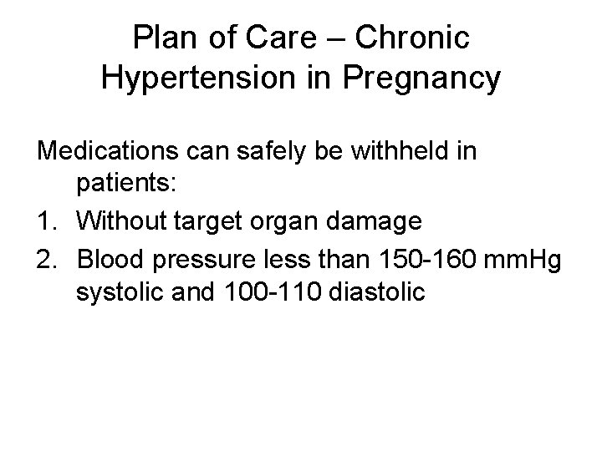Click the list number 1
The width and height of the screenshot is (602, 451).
(x=48, y=222)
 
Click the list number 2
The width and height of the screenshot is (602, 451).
(x=48, y=258)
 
